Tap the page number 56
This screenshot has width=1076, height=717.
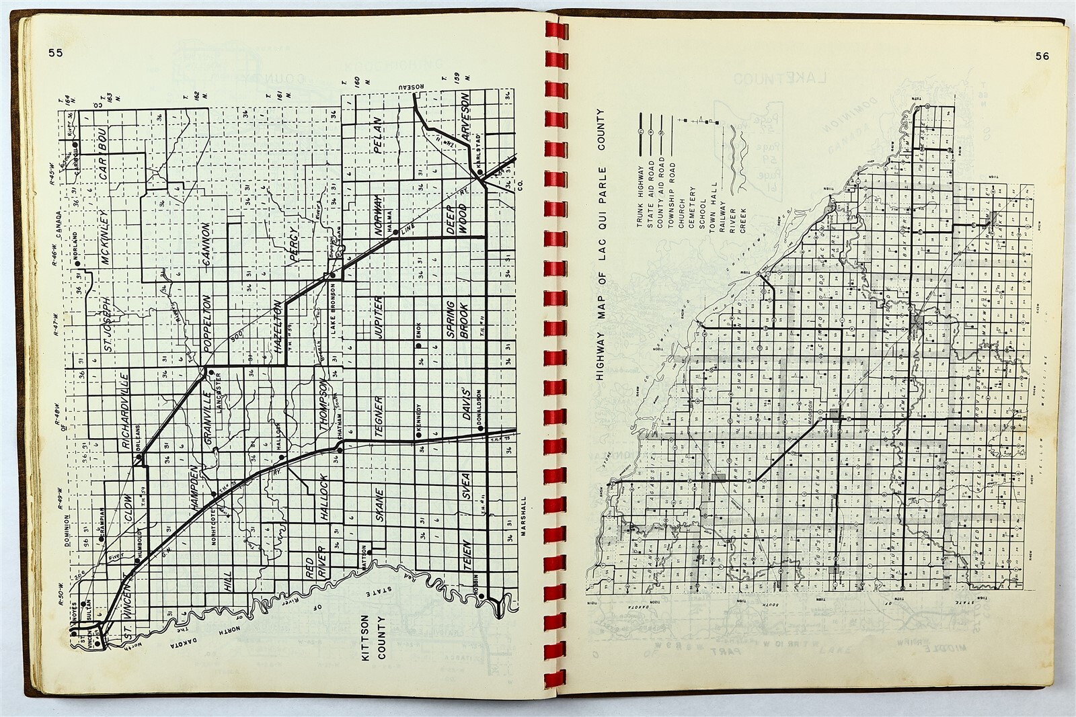1042,56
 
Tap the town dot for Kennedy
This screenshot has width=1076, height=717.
418,435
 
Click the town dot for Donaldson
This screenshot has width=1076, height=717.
482,427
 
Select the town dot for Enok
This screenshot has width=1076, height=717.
418,345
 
